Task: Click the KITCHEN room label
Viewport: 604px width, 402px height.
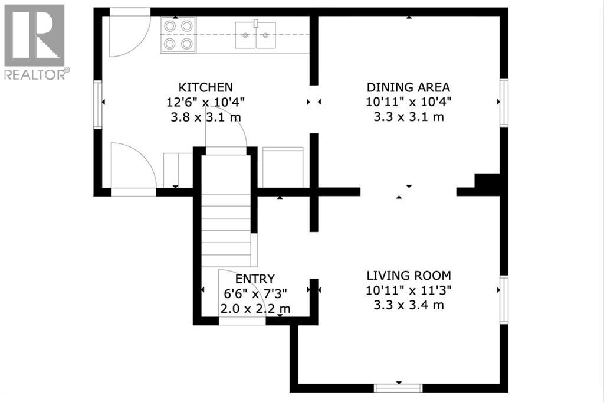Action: (x=205, y=87)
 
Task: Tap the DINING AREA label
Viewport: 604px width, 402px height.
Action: (x=408, y=87)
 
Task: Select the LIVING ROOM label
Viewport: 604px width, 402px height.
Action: (x=409, y=276)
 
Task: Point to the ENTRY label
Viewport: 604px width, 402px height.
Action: (x=255, y=279)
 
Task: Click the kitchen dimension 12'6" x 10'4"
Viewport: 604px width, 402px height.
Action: (x=205, y=102)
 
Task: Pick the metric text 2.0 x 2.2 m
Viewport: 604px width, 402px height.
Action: (x=255, y=309)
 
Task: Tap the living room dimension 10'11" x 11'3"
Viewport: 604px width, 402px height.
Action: (x=409, y=290)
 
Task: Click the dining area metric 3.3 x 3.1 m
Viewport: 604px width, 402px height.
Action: (x=409, y=116)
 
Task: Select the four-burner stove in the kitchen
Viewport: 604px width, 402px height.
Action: (x=178, y=35)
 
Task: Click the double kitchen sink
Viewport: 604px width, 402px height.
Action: (x=255, y=35)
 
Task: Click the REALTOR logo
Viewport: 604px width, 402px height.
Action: (x=35, y=42)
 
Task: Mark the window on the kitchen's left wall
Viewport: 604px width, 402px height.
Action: (x=99, y=104)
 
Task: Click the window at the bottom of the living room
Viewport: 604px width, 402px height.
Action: (x=399, y=388)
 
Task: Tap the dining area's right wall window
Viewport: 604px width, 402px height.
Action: (x=504, y=102)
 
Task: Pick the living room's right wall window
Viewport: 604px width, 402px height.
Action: (x=504, y=300)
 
